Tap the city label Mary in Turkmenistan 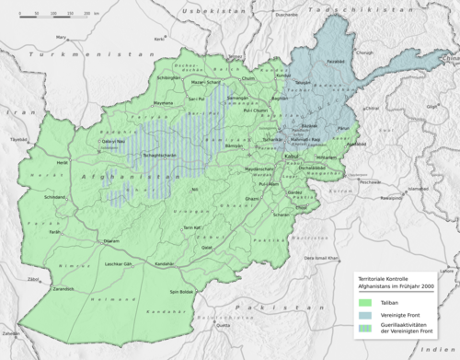point(63,37)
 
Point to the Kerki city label point(158,39)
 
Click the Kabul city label point(292,157)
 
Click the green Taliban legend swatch point(366,301)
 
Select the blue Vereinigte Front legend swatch point(366,315)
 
